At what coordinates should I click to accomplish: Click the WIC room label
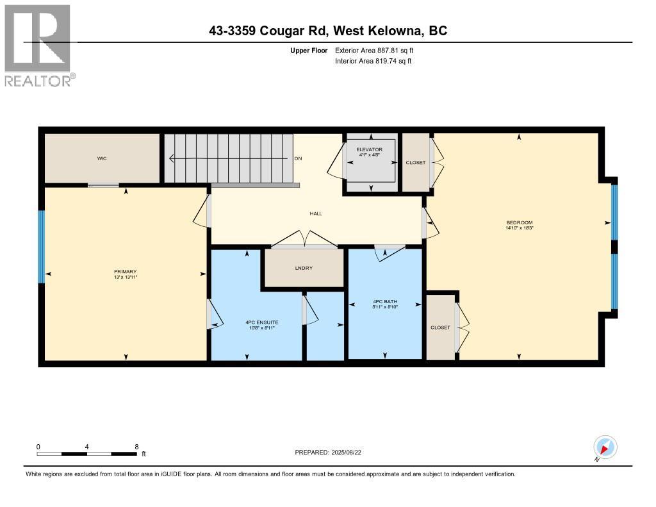pos(102,158)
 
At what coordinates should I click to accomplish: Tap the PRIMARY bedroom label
pos(126,272)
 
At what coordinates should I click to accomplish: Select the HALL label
pos(316,213)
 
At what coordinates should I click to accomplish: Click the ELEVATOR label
pos(370,149)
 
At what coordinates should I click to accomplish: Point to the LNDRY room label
pos(304,268)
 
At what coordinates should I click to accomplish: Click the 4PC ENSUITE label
pos(262,322)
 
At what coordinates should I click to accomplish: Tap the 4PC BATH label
pos(385,301)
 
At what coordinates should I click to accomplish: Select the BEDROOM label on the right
pos(520,222)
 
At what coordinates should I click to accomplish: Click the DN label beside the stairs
pos(299,158)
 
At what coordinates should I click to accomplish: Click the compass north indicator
pos(605,447)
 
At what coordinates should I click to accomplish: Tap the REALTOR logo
pos(38,46)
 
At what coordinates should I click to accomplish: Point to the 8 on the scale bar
pos(136,447)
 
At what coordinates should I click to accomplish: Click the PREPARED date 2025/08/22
pos(346,452)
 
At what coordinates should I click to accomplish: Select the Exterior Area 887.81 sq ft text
pos(374,50)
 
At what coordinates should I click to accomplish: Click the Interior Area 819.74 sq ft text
pos(373,61)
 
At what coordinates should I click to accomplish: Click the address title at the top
pos(328,31)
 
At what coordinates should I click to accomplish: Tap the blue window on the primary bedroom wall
pos(41,247)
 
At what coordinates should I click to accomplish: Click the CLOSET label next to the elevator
pos(415,162)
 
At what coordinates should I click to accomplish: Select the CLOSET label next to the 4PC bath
pos(441,328)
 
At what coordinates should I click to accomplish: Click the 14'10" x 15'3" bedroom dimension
pos(520,228)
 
